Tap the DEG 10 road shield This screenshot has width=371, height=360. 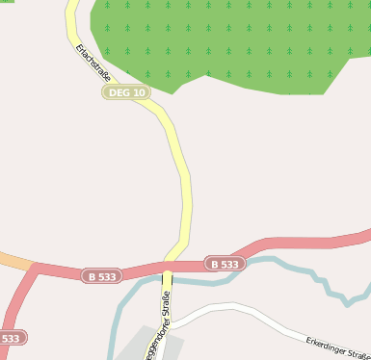tap(126, 92)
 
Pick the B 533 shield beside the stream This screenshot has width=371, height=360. tap(223, 264)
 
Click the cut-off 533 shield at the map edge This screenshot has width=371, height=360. tap(12, 339)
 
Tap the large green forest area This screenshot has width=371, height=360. tap(231, 43)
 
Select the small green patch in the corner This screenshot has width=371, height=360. tap(7, 1)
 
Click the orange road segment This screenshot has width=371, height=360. tap(14, 260)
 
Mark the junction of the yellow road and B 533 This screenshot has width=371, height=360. tap(168, 268)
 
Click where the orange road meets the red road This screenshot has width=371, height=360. tap(36, 268)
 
